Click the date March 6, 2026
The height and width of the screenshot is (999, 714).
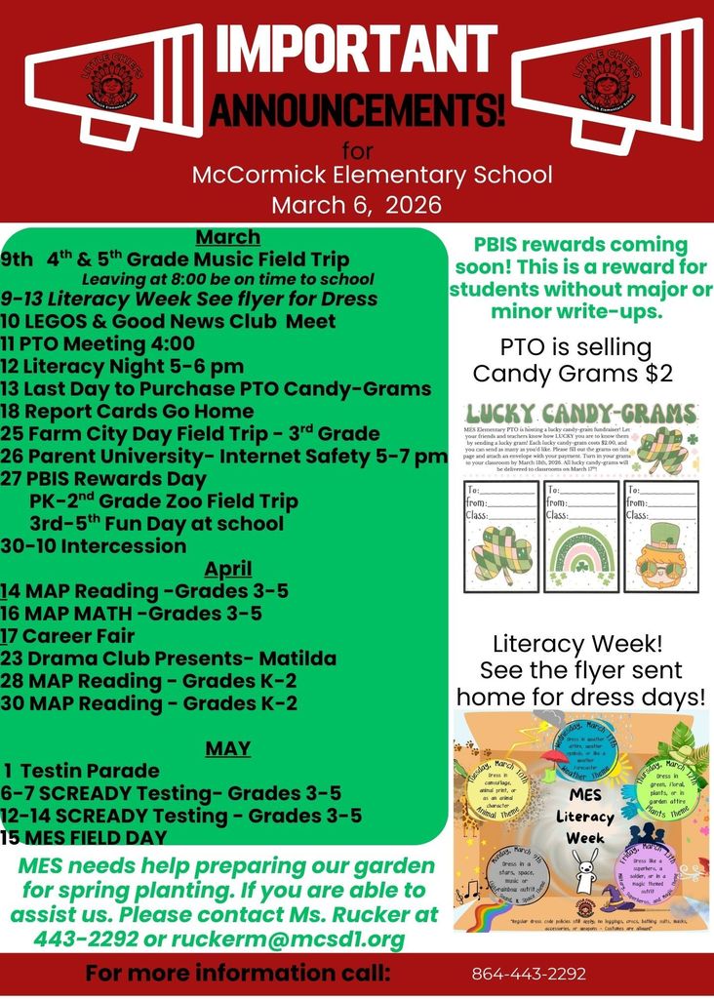356,206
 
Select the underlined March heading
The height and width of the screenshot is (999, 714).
227,237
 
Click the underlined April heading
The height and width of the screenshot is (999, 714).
227,569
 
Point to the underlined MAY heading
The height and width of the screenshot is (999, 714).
227,748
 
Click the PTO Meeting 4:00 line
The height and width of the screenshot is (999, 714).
98,343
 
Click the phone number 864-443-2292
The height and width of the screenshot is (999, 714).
529,974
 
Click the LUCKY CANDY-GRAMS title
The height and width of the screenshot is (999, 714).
580,414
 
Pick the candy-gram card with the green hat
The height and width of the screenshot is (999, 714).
661,537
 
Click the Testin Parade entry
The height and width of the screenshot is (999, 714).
88,771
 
